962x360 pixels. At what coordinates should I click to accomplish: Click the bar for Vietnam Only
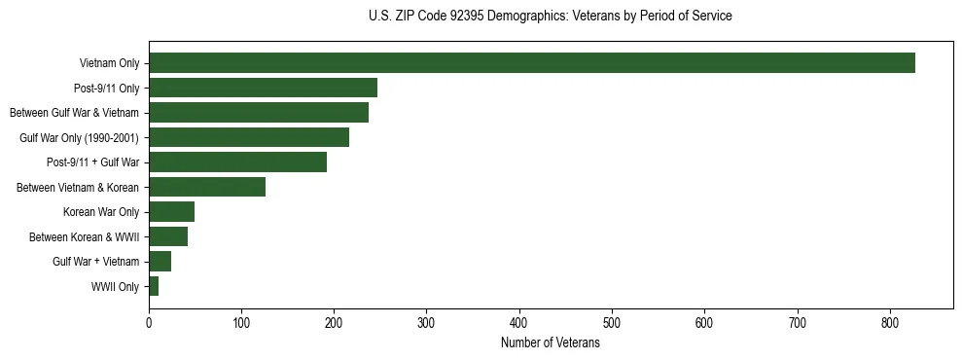point(531,63)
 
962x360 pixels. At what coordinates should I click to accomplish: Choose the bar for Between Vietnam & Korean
point(207,187)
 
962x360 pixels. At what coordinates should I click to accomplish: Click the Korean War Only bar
point(171,212)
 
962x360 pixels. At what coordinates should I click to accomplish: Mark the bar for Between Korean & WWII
point(168,236)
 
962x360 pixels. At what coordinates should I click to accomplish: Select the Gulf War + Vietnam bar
point(160,262)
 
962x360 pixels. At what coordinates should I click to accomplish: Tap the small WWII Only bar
point(154,286)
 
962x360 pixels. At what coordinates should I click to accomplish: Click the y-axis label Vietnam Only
point(109,64)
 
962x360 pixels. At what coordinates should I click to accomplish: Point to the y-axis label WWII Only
point(115,287)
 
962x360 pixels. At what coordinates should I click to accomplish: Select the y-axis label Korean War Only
point(101,212)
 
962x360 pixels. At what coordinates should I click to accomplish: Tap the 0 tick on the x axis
point(149,322)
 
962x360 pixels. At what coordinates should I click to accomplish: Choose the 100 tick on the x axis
point(241,322)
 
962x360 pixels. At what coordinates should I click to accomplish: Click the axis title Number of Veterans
point(550,342)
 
